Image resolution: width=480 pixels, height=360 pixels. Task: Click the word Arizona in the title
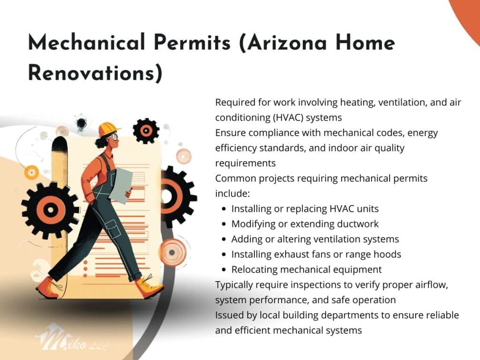coord(287,43)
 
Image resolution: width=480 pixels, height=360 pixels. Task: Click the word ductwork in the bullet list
coord(358,224)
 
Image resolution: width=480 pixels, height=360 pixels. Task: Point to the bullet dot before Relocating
coord(224,270)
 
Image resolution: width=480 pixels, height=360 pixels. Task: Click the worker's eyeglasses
coord(114,136)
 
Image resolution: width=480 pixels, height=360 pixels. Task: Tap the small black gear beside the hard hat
coord(146,131)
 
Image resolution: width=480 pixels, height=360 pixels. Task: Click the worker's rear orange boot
coord(49,288)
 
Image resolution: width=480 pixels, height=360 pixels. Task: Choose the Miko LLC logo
coord(71,339)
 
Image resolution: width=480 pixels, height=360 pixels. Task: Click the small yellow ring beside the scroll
coord(31,172)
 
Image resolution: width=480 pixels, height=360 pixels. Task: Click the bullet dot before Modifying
coord(224,224)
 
